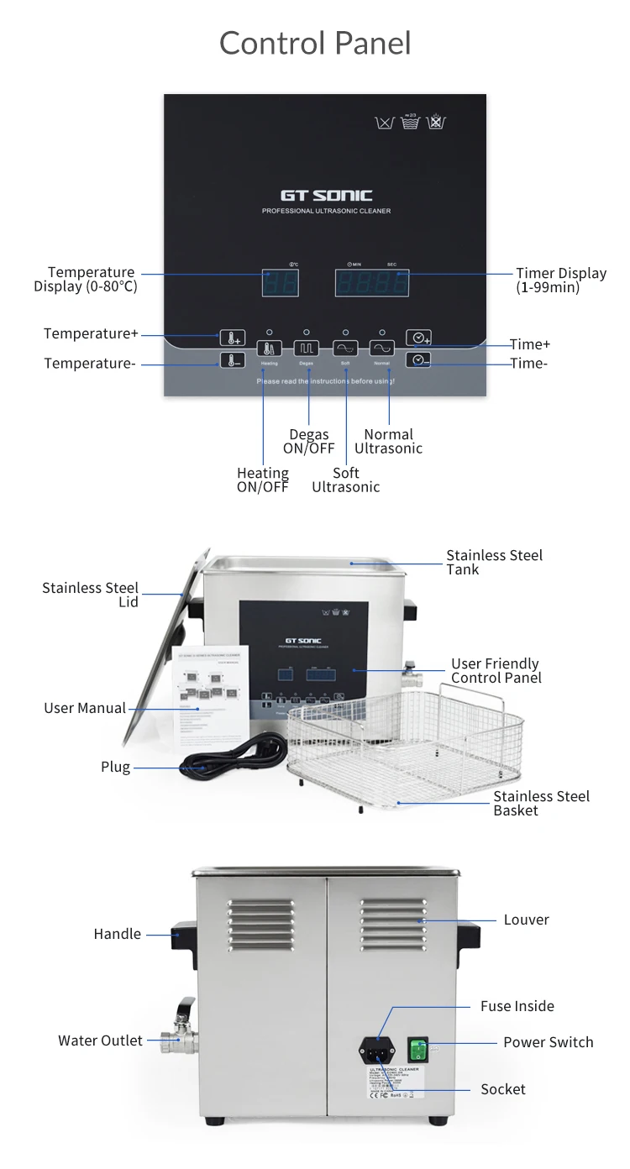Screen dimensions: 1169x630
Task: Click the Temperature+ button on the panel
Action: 233,337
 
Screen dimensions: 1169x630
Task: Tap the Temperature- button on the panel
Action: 233,360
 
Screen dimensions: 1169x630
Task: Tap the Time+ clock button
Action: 419,338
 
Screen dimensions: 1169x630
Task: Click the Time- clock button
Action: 419,359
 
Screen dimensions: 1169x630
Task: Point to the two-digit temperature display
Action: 280,283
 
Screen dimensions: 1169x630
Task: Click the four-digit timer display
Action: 372,283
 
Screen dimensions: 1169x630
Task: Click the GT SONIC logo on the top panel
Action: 326,196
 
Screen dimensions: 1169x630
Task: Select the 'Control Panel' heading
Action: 315,43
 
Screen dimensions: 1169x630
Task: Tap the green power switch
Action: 418,1050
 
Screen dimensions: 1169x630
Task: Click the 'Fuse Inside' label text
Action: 517,1006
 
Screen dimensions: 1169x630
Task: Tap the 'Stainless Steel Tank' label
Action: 494,562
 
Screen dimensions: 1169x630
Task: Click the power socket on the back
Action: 375,1049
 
